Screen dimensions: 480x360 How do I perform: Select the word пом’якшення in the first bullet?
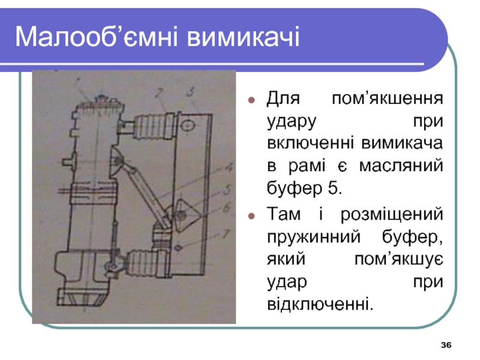coord(388,98)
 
